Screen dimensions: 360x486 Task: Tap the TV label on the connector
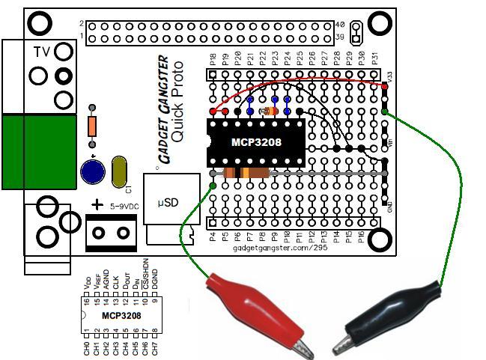tap(42, 52)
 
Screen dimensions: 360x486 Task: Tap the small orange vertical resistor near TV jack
tap(92, 126)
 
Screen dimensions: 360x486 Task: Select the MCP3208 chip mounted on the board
tap(255, 141)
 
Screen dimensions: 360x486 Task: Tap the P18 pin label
tap(213, 59)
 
